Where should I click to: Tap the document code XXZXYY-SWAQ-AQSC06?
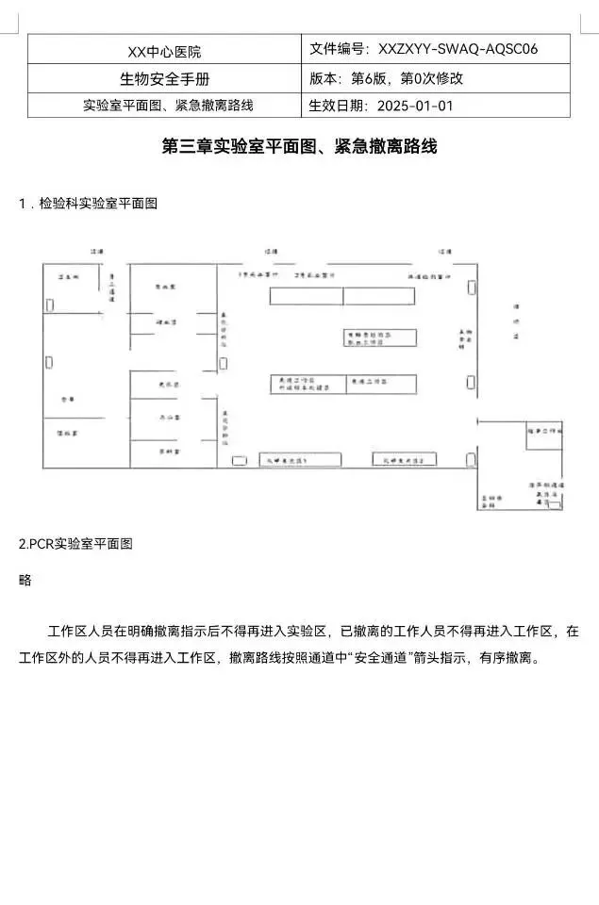(458, 49)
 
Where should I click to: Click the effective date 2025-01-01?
(415, 105)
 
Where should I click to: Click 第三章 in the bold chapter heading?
(185, 147)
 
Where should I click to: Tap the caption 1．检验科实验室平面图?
(88, 204)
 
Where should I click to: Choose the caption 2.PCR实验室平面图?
(75, 544)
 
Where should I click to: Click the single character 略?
(25, 580)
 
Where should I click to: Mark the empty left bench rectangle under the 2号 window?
(306, 296)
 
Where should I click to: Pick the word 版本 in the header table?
(324, 78)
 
